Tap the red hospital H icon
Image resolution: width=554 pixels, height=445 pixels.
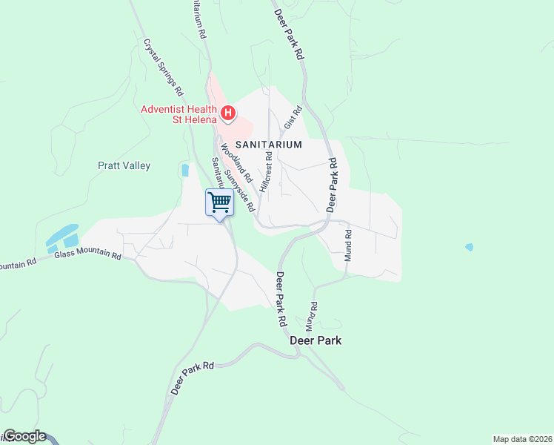point(229,113)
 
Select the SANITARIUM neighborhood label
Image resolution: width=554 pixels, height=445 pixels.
point(269,145)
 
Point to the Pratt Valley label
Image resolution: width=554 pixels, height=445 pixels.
point(124,165)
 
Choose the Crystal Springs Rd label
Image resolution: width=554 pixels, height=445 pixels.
point(163,68)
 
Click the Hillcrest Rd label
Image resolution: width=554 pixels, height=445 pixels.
point(265,173)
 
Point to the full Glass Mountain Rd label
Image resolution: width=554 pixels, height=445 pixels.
point(87,254)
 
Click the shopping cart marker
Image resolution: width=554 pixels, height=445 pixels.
point(219,202)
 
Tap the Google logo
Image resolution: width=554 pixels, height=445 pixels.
point(24,437)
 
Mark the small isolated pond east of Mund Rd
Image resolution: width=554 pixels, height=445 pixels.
point(469,247)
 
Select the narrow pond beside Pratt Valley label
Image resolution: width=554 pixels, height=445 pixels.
point(184,170)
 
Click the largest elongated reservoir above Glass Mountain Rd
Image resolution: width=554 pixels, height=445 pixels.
point(61,234)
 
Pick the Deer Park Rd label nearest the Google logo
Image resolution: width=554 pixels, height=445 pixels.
point(192,378)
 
